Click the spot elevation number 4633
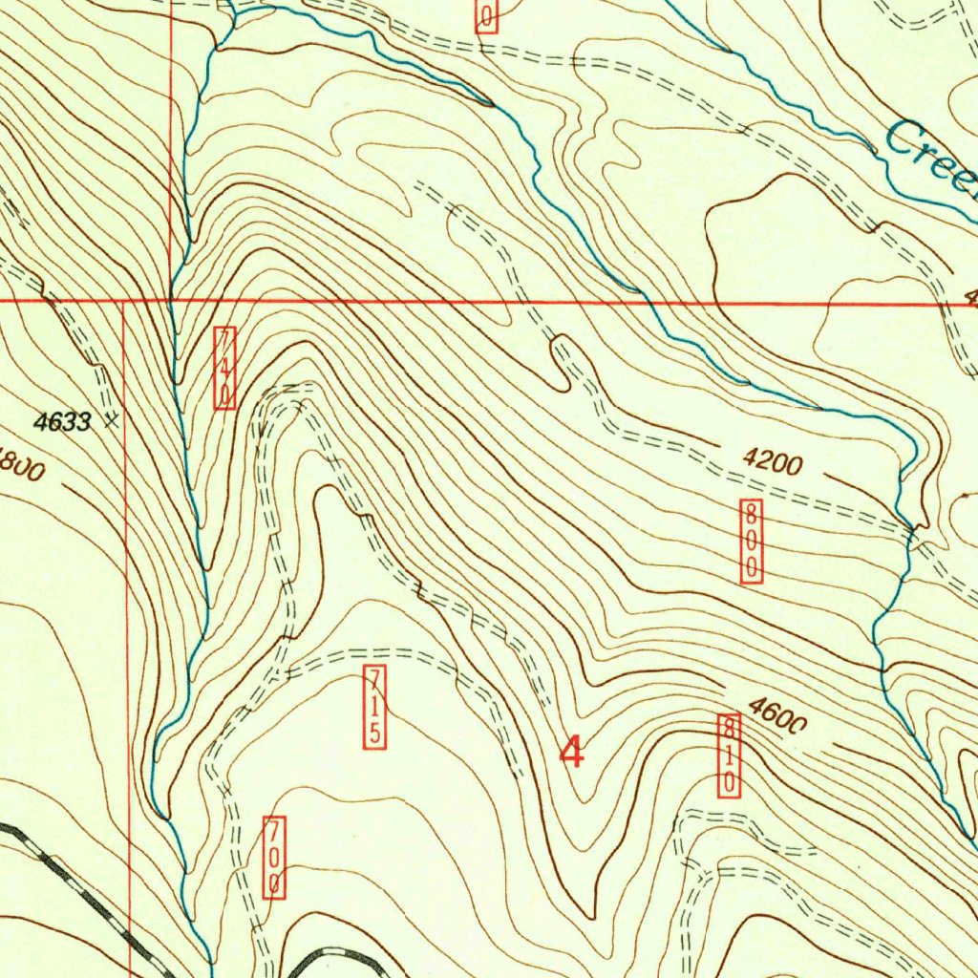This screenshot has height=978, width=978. pyautogui.click(x=62, y=421)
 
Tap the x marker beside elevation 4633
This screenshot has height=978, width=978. pyautogui.click(x=114, y=418)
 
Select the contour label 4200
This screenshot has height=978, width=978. pyautogui.click(x=772, y=464)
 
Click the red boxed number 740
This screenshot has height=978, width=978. pyautogui.click(x=224, y=368)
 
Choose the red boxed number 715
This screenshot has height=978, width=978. pyautogui.click(x=375, y=707)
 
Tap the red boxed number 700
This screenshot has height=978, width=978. pyautogui.click(x=274, y=857)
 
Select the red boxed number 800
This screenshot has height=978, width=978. pyautogui.click(x=753, y=541)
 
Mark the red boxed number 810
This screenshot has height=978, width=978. pyautogui.click(x=729, y=755)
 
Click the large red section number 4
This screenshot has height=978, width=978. pyautogui.click(x=571, y=752)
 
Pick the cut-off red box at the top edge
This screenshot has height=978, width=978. pyautogui.click(x=486, y=15)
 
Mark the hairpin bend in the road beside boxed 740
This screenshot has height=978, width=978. pyautogui.click(x=287, y=392)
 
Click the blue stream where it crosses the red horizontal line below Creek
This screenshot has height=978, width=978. pyautogui.click(x=649, y=303)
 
